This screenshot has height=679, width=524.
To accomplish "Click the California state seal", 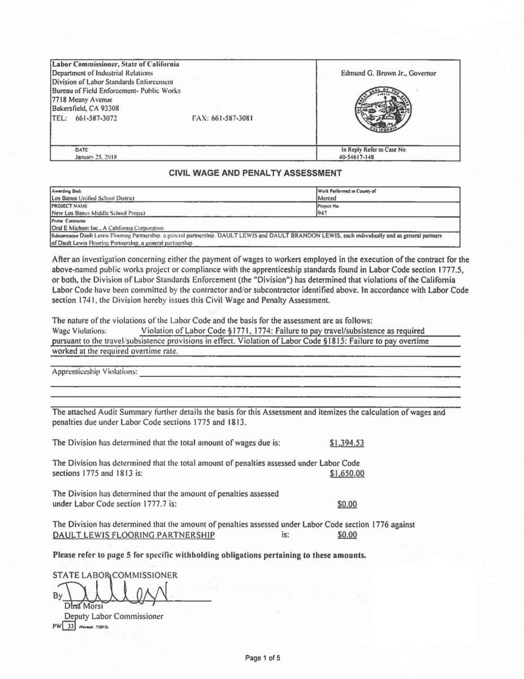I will pos(387,109).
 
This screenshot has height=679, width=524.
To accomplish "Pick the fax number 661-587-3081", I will pos(222,119).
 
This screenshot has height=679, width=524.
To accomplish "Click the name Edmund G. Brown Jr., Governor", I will pos(388,74).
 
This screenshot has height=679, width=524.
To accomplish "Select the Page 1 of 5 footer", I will pos(262,657).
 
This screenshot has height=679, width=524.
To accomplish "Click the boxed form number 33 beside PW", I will pos(71,627).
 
